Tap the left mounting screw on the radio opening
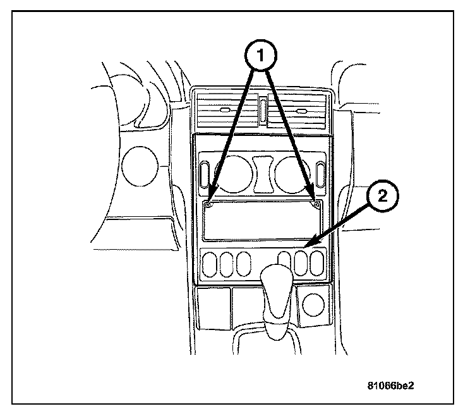pos(209,204)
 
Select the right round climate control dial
pos(292,174)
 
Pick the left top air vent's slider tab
pos(226,111)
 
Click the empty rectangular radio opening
pos(262,221)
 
